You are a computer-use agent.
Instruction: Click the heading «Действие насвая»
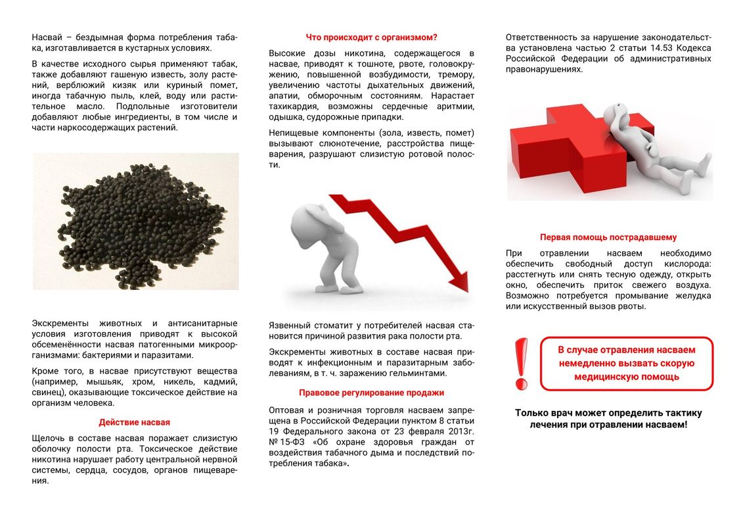pyautogui.click(x=134, y=422)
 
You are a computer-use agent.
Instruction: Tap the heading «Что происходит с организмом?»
pyautogui.click(x=371, y=37)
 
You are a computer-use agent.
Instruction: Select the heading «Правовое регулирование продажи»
pyautogui.click(x=371, y=393)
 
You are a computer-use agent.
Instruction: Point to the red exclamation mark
pyautogui.click(x=521, y=363)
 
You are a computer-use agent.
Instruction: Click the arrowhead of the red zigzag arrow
pyautogui.click(x=461, y=283)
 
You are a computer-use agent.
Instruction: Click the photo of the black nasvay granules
pyautogui.click(x=135, y=222)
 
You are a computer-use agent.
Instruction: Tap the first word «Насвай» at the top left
pyautogui.click(x=46, y=37)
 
